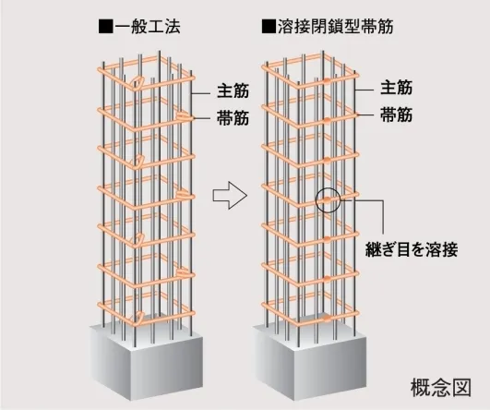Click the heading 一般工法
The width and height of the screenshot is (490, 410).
click(x=148, y=27)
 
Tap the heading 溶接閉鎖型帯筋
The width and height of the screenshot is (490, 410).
click(x=336, y=27)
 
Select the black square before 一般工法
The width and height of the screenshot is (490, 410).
click(x=105, y=27)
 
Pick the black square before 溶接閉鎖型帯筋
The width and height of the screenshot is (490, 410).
click(x=269, y=27)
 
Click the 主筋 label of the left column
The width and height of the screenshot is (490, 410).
click(x=233, y=91)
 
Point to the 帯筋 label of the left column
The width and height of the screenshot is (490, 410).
click(x=233, y=118)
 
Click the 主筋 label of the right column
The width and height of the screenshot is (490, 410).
click(x=396, y=88)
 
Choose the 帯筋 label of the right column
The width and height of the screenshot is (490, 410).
click(x=396, y=115)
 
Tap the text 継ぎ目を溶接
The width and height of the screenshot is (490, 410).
click(x=412, y=249)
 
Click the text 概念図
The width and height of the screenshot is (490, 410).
click(x=440, y=388)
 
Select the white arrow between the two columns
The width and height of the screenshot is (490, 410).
click(x=230, y=195)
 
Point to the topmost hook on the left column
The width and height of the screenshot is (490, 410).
click(x=137, y=82)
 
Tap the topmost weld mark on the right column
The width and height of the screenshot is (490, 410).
click(x=326, y=80)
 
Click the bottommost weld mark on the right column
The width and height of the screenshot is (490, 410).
click(x=327, y=319)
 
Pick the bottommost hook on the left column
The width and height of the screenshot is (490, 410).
click(x=137, y=318)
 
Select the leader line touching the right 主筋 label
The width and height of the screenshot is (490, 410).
click(x=365, y=90)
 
